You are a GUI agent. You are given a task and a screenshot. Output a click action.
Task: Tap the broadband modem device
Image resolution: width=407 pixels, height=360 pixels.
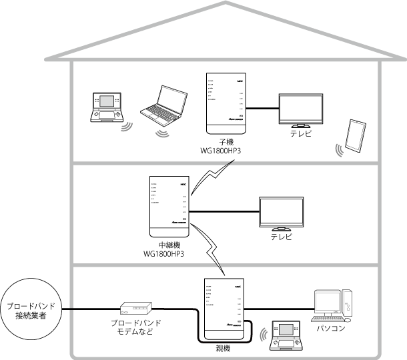pos(135,309)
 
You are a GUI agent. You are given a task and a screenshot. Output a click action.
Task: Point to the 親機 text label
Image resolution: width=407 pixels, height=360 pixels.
pos(223,348)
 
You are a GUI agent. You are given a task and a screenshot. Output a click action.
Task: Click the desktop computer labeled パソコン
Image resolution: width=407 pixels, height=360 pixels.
pos(334,304)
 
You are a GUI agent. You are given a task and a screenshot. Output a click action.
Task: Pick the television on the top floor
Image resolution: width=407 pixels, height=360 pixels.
pos(300,110)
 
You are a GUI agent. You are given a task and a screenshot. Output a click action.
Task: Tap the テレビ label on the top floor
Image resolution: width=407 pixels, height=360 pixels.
pos(300,134)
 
